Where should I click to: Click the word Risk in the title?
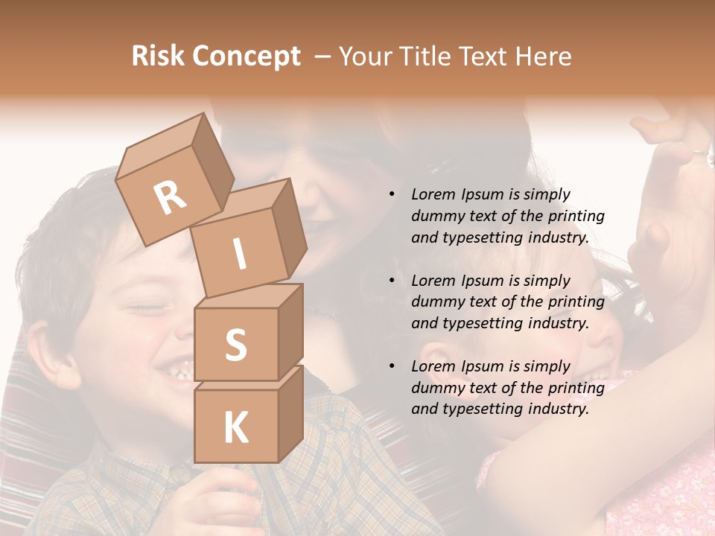click(158, 57)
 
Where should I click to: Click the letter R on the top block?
click(171, 197)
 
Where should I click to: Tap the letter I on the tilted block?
click(240, 254)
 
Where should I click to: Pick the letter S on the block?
click(236, 345)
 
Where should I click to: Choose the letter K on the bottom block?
click(235, 427)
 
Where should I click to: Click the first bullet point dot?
click(391, 195)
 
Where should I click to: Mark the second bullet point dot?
click(391, 281)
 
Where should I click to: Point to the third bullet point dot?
click(391, 366)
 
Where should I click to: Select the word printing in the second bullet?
click(576, 302)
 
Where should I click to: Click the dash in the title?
click(323, 57)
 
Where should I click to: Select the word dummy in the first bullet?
click(436, 217)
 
